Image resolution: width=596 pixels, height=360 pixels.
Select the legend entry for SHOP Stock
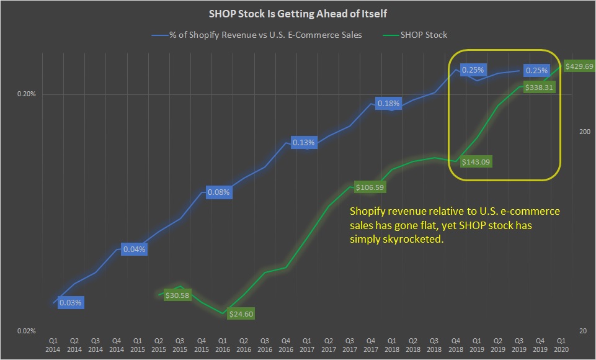[422, 35]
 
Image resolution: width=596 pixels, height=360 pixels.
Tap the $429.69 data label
[579, 66]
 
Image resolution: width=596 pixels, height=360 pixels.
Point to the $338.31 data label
[539, 88]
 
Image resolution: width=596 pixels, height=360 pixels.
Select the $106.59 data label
[370, 187]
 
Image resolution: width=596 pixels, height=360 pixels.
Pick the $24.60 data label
[241, 314]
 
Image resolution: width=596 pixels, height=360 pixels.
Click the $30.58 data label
[178, 295]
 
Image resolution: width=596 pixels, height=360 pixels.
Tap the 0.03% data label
[70, 303]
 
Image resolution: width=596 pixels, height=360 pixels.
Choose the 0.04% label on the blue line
[133, 250]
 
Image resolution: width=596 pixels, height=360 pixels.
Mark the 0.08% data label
[218, 192]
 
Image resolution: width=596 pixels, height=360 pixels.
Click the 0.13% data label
[303, 143]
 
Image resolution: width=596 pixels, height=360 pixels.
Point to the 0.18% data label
[388, 104]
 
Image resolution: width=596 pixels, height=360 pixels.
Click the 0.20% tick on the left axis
[26, 94]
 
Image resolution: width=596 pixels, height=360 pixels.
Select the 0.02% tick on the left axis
[26, 331]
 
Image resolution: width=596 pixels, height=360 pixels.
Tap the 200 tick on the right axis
[583, 132]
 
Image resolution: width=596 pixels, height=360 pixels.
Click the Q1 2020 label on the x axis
[562, 345]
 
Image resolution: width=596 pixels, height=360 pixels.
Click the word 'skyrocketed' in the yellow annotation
[419, 239]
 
